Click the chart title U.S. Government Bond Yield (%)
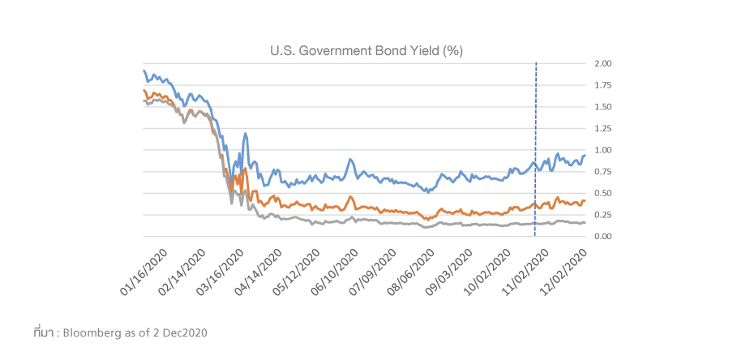click(366, 51)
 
